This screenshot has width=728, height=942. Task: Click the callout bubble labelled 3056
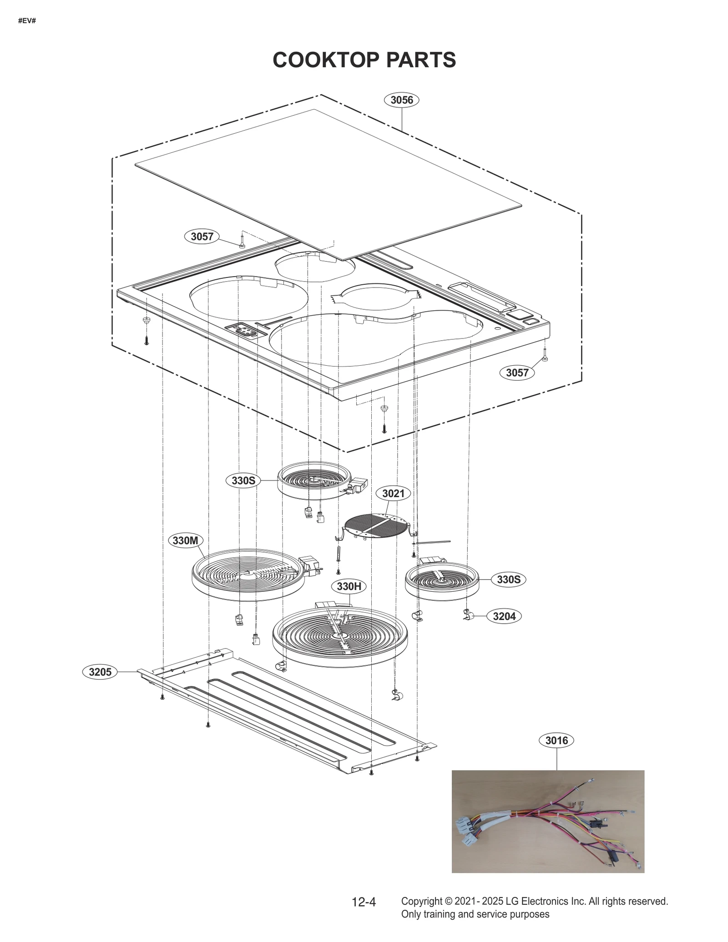(x=401, y=100)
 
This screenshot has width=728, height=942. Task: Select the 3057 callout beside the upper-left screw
(x=202, y=237)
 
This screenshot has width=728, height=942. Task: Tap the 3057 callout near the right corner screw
(x=517, y=373)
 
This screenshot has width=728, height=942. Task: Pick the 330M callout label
(x=185, y=541)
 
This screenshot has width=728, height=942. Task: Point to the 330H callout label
(x=349, y=587)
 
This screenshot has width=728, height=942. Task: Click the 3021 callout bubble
(x=393, y=494)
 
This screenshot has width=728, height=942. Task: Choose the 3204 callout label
(x=504, y=616)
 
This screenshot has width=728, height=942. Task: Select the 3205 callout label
(x=100, y=672)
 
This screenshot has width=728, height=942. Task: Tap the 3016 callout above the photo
(x=556, y=741)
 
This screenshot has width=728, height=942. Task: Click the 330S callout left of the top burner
(x=243, y=481)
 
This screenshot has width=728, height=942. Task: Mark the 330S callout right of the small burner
(x=508, y=579)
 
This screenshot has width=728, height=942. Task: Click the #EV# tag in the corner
(x=27, y=21)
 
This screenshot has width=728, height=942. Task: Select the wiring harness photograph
(x=548, y=821)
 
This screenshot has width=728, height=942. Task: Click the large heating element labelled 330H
(x=340, y=637)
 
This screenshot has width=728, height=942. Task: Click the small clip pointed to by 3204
(x=468, y=615)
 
